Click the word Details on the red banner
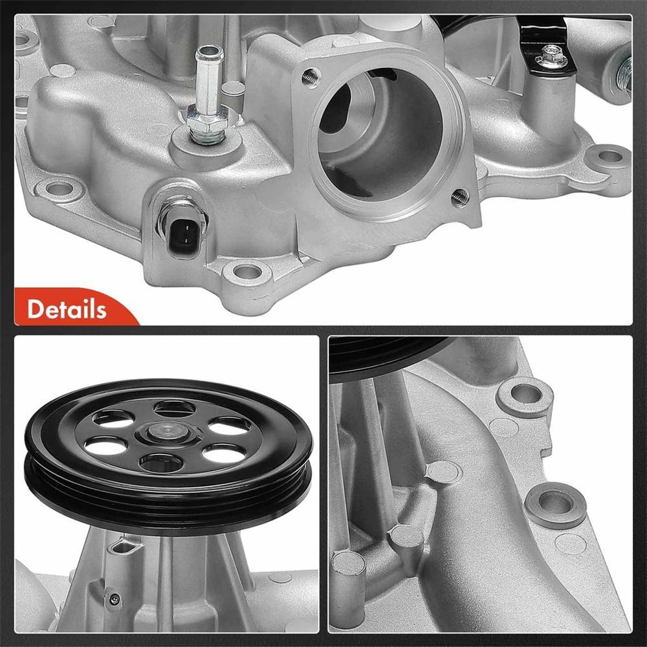tap(66, 309)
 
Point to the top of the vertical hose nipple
tap(208, 52)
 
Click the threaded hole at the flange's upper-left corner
tap(311, 76)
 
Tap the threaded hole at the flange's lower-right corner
tap(459, 197)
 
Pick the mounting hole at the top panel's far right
tap(609, 156)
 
